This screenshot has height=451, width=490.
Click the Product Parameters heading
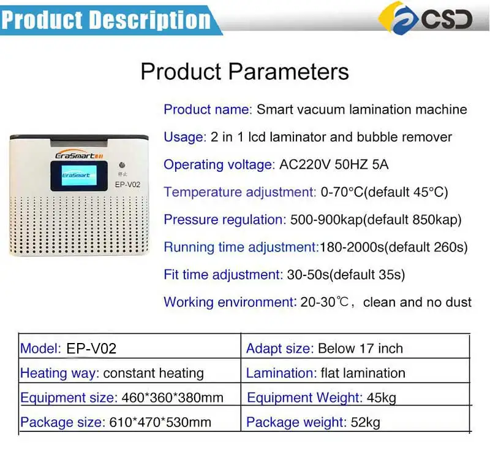[x=244, y=71]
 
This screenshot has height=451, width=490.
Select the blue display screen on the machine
[x=76, y=175]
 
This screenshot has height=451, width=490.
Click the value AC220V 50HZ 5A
[x=334, y=164]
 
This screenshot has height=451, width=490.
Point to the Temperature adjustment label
[x=240, y=192]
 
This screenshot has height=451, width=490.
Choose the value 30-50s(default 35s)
[x=345, y=274]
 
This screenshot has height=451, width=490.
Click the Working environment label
[x=230, y=302]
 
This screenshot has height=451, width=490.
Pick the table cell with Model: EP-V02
[x=69, y=349]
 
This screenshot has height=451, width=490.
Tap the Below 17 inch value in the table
[x=360, y=349]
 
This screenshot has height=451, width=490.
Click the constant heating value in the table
[x=153, y=373]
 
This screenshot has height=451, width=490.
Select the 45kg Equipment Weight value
[x=381, y=398]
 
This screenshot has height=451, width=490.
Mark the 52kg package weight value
[x=365, y=422]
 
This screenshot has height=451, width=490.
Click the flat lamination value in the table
[x=363, y=373]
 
